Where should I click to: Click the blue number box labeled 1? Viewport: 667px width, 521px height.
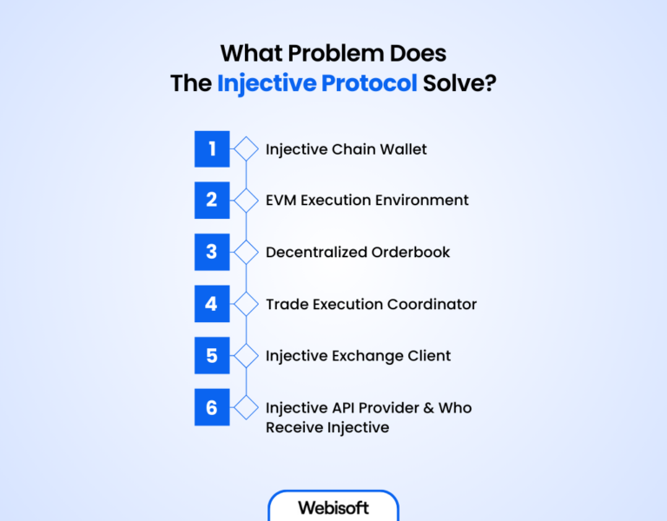pos(212,148)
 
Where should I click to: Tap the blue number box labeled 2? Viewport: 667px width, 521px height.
pos(212,200)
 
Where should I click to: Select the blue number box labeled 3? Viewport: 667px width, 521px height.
pos(212,252)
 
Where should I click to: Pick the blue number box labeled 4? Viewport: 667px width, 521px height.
pos(212,304)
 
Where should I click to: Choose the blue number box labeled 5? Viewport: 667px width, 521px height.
pos(212,355)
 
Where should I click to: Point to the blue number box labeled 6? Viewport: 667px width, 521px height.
pos(212,407)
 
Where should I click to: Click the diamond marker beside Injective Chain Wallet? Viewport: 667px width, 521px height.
pos(247,148)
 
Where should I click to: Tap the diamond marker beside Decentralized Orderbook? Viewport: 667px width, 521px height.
pos(247,252)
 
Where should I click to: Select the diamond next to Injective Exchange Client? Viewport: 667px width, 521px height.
pos(247,355)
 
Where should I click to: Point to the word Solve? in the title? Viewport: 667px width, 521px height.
pos(470,83)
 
